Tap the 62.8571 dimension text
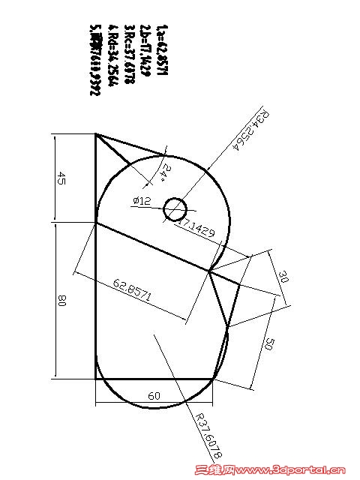(x=133, y=289)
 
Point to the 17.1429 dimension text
(x=197, y=229)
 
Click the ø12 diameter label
(x=142, y=201)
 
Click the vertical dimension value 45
(x=62, y=178)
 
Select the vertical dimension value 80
(x=62, y=301)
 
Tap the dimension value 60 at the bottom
(x=154, y=394)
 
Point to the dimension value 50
(x=269, y=344)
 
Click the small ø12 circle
(x=175, y=208)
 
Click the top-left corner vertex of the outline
(x=96, y=134)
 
